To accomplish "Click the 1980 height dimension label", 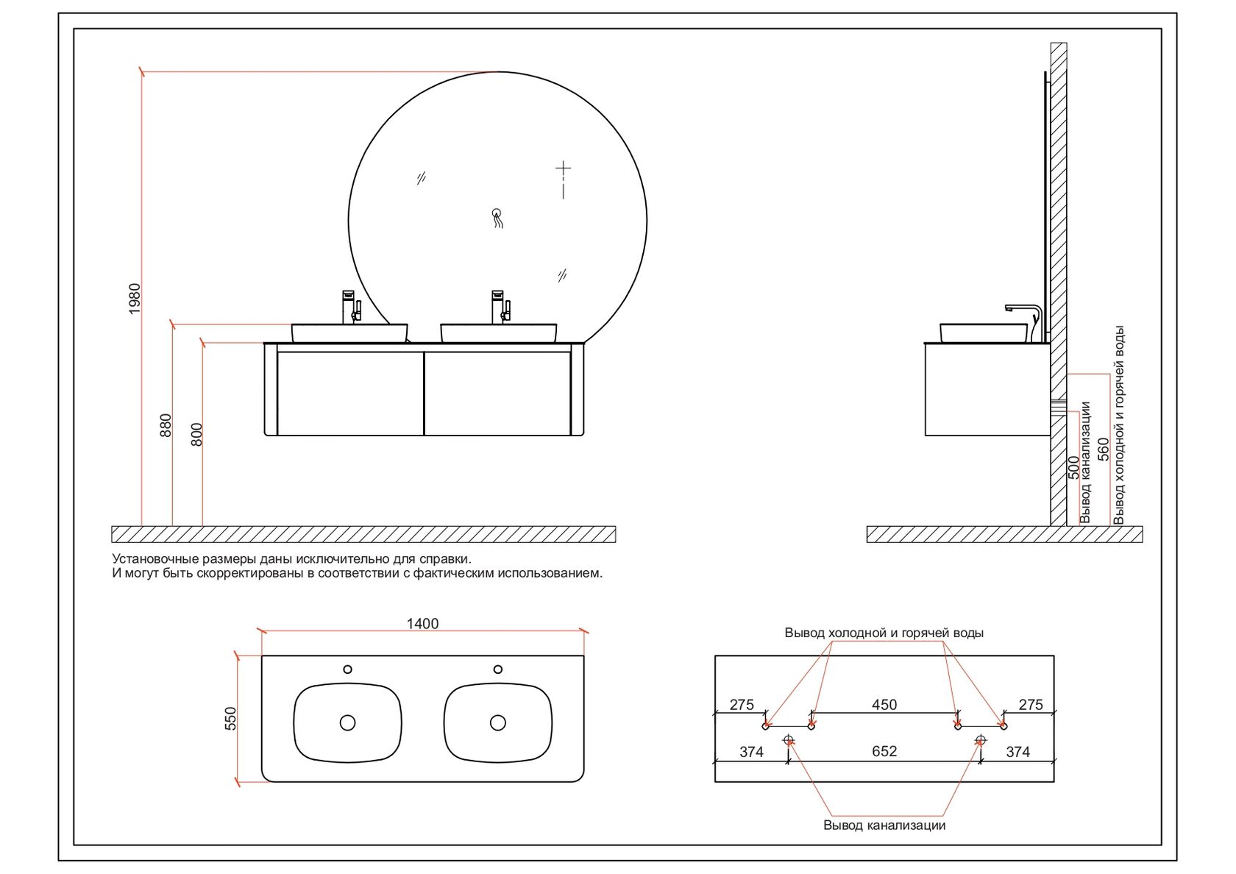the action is [x=135, y=299].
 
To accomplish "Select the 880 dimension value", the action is [x=166, y=425].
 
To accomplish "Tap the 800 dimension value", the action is [x=196, y=435].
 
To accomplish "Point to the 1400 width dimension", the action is [x=422, y=624].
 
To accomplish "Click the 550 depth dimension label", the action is [x=231, y=718].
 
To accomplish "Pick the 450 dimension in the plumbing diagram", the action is [x=884, y=705].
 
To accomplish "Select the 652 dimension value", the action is [x=884, y=751].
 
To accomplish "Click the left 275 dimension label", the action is [x=742, y=705].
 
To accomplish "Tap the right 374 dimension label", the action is [x=1018, y=752].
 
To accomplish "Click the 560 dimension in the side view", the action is [x=1103, y=449].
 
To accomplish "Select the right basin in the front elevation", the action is [x=498, y=333].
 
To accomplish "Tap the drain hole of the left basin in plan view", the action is [x=347, y=722].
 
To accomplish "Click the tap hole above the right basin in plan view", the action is [x=497, y=669].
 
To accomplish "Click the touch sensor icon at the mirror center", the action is [x=497, y=218].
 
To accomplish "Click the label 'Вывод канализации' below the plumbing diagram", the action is [x=884, y=825].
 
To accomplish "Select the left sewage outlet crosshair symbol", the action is [x=789, y=739].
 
